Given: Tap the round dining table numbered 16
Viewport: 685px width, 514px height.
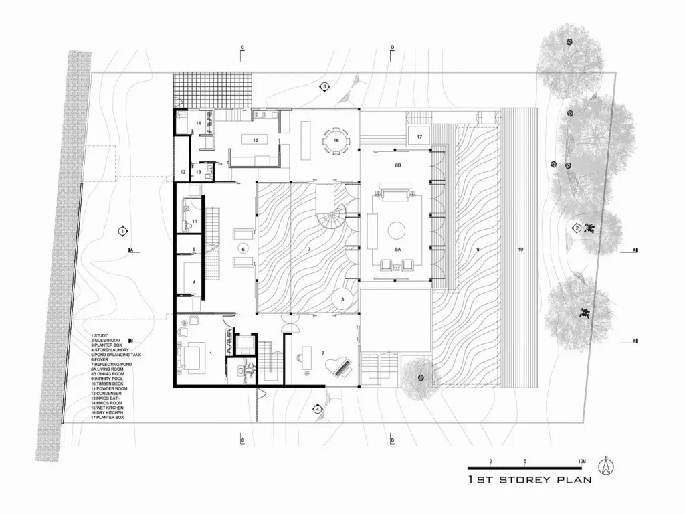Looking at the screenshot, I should click(336, 141).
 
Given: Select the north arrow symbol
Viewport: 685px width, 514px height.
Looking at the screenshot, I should click(607, 466).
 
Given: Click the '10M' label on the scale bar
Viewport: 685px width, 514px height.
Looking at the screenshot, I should click(581, 462).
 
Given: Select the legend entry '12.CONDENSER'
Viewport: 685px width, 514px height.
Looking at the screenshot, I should click(108, 393).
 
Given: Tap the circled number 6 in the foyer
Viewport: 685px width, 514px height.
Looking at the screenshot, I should click(243, 248).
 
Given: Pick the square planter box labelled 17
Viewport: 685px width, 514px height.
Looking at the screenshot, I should click(419, 136).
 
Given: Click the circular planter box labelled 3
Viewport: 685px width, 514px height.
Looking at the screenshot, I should click(342, 299).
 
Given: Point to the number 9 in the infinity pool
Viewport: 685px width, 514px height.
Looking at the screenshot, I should click(478, 249).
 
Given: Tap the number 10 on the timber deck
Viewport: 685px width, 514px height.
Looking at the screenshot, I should click(520, 249).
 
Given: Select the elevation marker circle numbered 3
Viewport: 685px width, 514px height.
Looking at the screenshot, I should click(324, 86).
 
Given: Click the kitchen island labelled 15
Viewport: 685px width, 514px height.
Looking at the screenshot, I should click(255, 140).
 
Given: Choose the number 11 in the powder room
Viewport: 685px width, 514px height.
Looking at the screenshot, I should click(195, 220).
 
